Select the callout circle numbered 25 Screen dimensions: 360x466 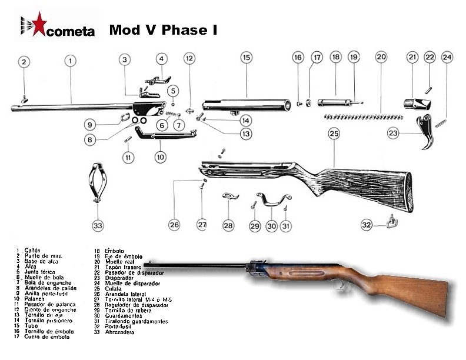tap(334, 134)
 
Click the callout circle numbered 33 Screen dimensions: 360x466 tap(97, 225)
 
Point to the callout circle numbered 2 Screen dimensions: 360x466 tap(24, 62)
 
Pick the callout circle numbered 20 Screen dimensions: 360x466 tap(381, 57)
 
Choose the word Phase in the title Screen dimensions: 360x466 tap(182, 29)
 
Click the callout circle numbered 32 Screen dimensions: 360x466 tap(367, 224)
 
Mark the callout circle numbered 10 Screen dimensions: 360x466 tap(161, 157)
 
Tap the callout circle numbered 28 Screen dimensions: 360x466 tap(228, 225)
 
